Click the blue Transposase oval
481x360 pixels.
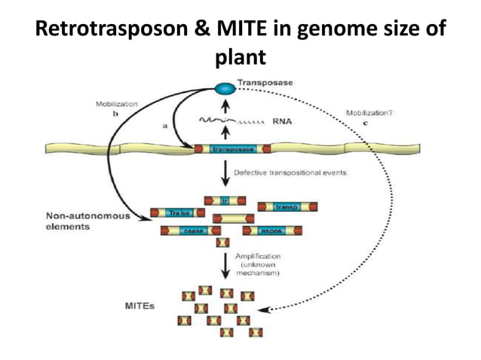tap(225, 89)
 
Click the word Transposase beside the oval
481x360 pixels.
tap(265, 81)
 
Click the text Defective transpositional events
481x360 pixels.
tap(290, 172)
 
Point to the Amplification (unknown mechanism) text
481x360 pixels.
tap(260, 265)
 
